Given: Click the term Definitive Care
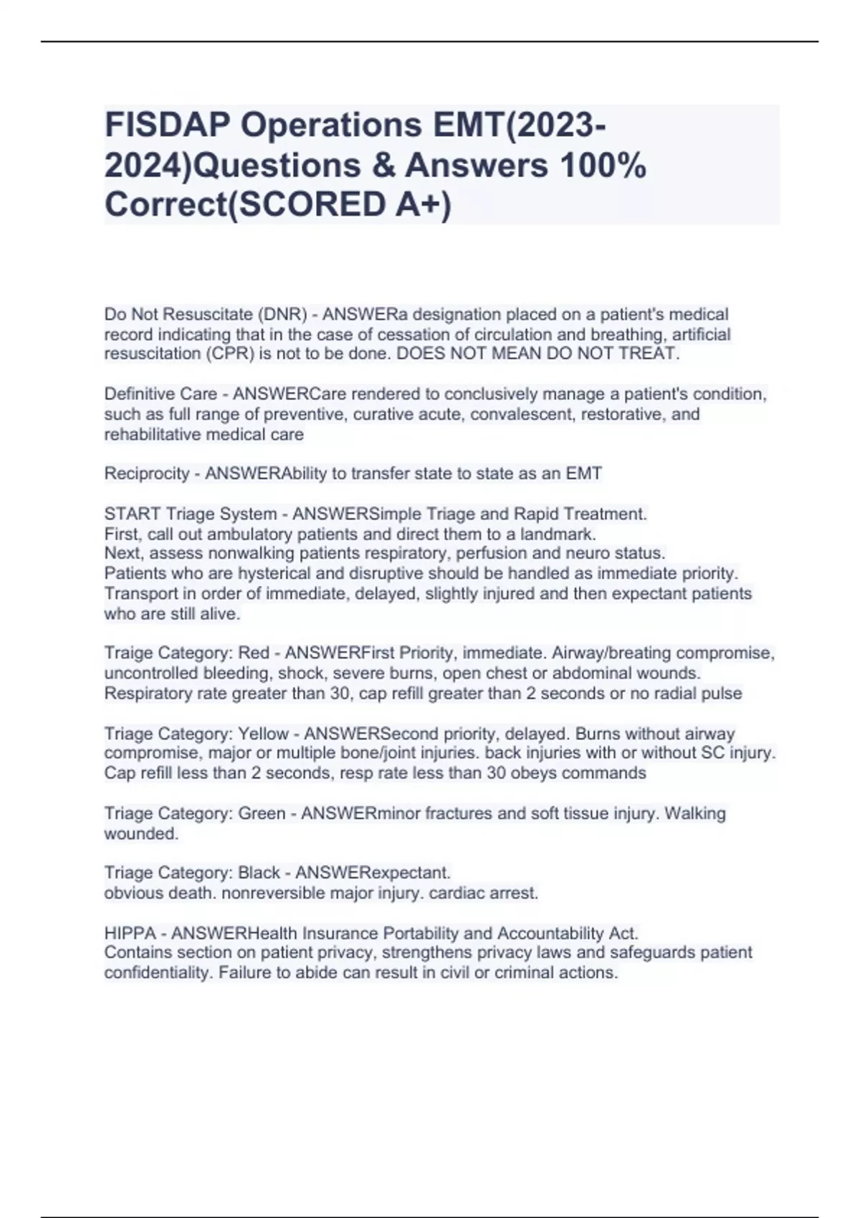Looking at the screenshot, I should (x=161, y=394).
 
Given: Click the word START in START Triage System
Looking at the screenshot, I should (x=132, y=514).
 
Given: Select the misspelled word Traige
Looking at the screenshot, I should (x=128, y=653).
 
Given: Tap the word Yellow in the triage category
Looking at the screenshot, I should (x=263, y=734).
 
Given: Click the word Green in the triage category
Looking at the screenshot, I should (x=262, y=814).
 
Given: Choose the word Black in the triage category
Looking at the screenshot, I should (x=259, y=873).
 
